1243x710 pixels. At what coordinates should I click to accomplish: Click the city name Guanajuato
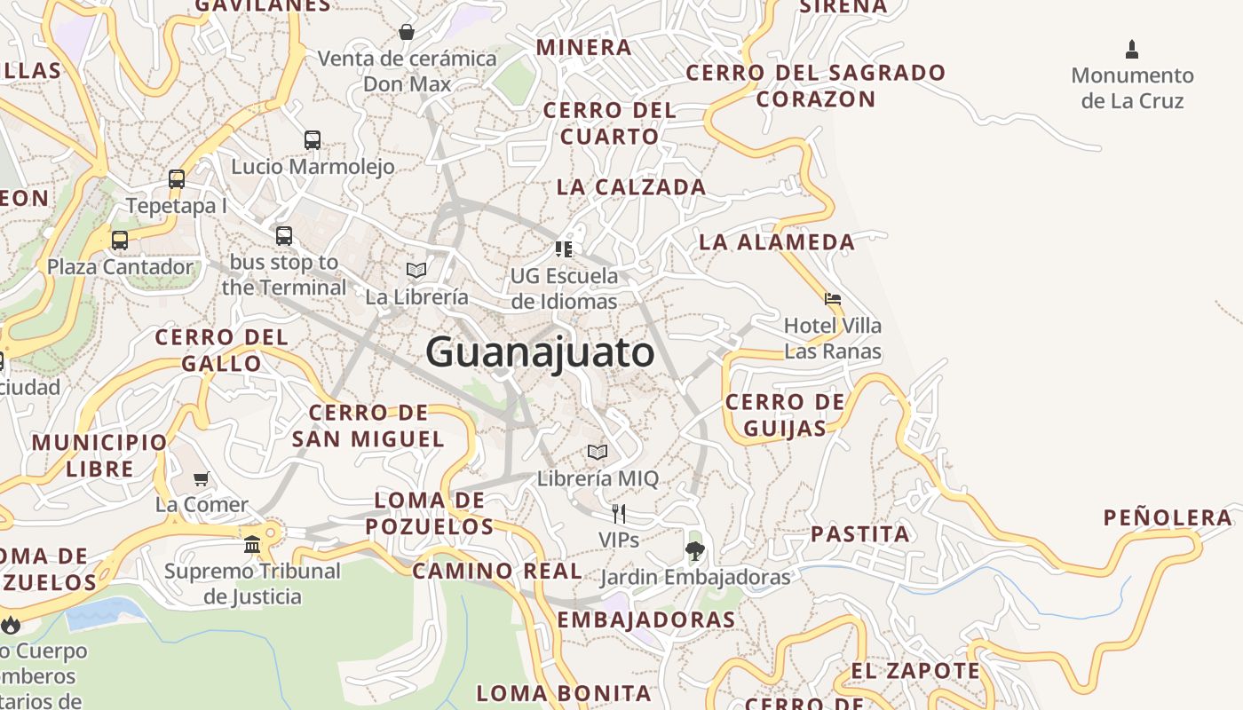(540, 352)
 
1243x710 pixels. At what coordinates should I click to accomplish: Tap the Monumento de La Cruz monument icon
(1132, 49)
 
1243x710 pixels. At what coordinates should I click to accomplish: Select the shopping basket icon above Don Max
(407, 33)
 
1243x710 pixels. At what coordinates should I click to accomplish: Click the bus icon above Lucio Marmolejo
(313, 139)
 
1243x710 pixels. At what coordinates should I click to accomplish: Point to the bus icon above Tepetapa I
(177, 179)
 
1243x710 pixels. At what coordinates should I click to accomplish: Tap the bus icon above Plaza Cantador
(119, 240)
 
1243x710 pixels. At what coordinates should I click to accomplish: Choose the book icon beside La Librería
(416, 270)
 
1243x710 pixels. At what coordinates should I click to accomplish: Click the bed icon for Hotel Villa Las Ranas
(833, 299)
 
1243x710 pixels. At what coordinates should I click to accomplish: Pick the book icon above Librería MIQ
(598, 452)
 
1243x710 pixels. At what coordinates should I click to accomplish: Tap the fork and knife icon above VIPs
(619, 513)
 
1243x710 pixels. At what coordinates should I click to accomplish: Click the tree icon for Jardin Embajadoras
(695, 550)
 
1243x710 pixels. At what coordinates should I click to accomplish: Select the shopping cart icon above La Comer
(202, 478)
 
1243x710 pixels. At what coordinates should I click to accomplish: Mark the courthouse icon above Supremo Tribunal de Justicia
(252, 543)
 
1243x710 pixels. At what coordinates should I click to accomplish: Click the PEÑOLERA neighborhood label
(1168, 517)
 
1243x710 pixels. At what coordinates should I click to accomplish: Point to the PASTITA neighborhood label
(860, 533)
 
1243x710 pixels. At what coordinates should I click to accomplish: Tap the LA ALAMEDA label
(777, 241)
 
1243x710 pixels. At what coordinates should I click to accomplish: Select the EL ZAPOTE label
(915, 670)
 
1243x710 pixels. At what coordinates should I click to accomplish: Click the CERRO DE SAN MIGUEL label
(368, 425)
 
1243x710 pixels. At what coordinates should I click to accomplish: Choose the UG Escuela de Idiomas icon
(564, 248)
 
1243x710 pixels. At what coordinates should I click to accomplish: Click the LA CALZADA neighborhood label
(631, 187)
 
